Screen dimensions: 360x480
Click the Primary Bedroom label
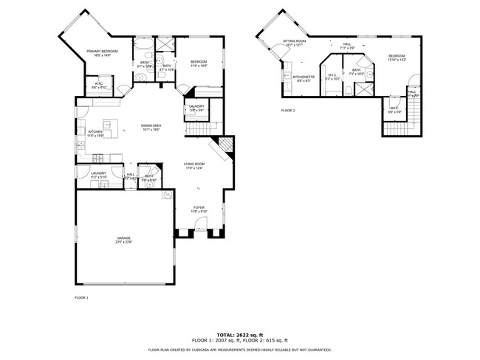click(x=103, y=51)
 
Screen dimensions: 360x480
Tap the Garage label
click(x=123, y=238)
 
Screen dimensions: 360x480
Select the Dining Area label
click(x=151, y=125)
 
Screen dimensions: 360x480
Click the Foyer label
click(x=199, y=207)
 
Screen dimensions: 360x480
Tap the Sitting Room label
click(x=293, y=41)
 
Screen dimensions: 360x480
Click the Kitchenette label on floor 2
click(x=304, y=77)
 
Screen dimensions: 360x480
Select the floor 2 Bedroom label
click(x=397, y=55)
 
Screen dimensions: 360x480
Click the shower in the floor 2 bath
click(x=363, y=89)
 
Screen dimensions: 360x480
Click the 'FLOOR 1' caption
click(x=81, y=297)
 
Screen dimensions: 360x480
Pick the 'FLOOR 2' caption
click(x=287, y=111)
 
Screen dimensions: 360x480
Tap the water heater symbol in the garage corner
click(x=167, y=195)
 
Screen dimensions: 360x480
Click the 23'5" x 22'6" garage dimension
click(x=123, y=242)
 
